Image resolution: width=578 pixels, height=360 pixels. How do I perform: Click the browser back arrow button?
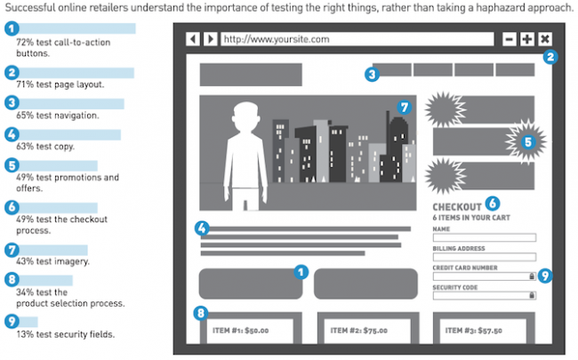(193, 39)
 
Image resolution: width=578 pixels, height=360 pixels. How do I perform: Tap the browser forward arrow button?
(211, 39)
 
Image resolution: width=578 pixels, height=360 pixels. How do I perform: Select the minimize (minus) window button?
(509, 39)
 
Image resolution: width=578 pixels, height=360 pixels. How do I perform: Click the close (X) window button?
(545, 39)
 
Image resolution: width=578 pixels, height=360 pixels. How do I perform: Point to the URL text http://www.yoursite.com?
(277, 39)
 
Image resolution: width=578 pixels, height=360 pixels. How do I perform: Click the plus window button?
(527, 39)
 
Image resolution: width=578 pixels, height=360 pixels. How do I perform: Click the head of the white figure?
(245, 116)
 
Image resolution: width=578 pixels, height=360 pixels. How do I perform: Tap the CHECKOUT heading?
(457, 207)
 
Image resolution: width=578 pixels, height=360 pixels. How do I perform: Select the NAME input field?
(485, 237)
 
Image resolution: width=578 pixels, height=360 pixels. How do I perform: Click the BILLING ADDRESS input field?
(485, 257)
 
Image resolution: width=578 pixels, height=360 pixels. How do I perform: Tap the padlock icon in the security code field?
(532, 295)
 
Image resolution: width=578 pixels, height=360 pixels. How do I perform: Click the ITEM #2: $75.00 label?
(358, 331)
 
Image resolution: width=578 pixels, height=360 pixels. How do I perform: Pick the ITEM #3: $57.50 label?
(474, 331)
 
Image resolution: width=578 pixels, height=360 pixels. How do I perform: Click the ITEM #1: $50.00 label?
(240, 331)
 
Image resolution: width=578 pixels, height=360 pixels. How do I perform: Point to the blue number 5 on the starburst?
(528, 142)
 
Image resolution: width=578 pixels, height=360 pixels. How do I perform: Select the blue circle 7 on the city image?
(405, 108)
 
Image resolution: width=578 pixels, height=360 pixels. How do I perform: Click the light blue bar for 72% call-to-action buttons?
(76, 28)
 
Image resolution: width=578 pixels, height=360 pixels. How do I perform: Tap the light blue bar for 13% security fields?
(28, 322)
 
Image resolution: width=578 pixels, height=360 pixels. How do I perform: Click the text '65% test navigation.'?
(58, 116)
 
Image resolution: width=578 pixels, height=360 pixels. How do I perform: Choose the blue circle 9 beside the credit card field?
(545, 276)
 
